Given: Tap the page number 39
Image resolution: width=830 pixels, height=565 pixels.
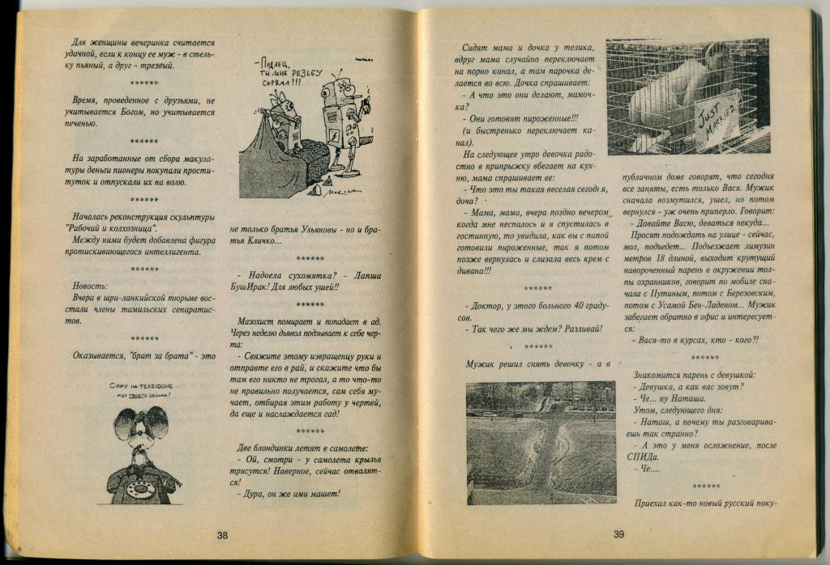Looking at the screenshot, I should (618, 533).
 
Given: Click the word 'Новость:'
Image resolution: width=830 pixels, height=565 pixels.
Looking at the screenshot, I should (90, 287).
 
